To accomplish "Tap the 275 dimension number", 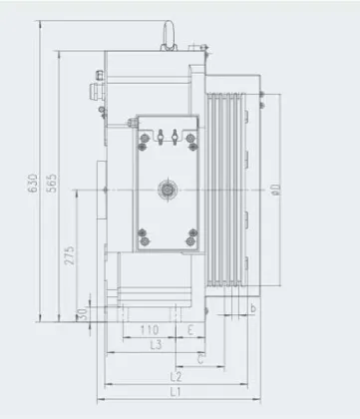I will coord(70,255).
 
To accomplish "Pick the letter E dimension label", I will coord(189,330).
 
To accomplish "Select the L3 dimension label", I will coord(155,345).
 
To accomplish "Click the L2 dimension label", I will coord(176,377).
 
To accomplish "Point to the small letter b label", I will coord(255,310).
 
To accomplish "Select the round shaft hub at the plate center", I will coord(168,188).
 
